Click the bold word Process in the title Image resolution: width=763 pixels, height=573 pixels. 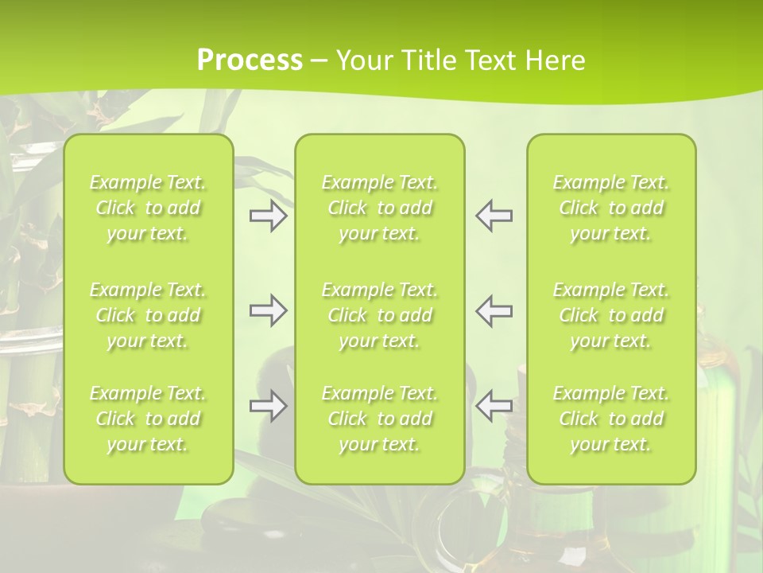[x=250, y=60]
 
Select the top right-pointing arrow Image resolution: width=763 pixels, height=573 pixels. [x=269, y=216]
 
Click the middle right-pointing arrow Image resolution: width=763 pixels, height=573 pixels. [x=269, y=310]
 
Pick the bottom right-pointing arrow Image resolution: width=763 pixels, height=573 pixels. [x=269, y=406]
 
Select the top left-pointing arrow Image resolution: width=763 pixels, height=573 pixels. [x=494, y=216]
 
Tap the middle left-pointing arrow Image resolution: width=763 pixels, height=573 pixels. [x=494, y=310]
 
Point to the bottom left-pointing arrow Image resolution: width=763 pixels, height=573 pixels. [x=494, y=406]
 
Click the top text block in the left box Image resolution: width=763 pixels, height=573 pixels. [x=148, y=208]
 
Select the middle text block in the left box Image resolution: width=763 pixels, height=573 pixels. [x=148, y=315]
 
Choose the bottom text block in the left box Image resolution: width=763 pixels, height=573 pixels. [x=148, y=419]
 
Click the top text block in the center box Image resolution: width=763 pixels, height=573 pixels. [x=380, y=208]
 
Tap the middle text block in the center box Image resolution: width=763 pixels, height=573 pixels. [x=380, y=315]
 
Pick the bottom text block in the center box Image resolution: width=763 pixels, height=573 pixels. [x=380, y=419]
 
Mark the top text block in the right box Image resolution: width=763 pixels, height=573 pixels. [x=611, y=208]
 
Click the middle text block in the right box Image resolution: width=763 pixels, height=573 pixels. [x=611, y=315]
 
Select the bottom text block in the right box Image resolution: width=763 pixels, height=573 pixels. [x=611, y=419]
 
